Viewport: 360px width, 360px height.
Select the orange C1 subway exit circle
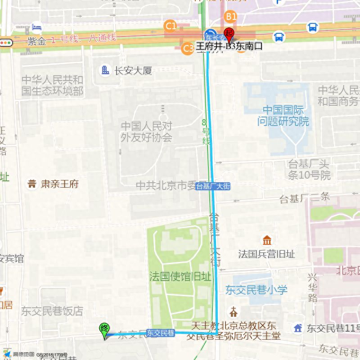(171, 26)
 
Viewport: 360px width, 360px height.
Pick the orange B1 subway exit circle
(231, 17)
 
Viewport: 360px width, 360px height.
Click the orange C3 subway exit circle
(188, 48)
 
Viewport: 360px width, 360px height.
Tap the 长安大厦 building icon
(105, 70)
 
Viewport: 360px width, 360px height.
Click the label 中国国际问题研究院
(283, 116)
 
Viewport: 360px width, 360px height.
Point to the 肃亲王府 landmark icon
(32, 184)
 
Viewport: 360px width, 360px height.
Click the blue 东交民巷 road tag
(161, 333)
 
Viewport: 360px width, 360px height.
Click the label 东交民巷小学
(256, 290)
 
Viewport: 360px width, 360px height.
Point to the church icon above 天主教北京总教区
(234, 311)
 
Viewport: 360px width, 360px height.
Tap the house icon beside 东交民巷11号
(298, 328)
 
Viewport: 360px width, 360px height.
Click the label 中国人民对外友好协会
(146, 132)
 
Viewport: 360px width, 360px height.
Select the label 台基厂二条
(305, 197)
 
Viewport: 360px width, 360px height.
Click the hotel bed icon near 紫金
(36, 27)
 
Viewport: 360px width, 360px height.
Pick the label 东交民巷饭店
(52, 310)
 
